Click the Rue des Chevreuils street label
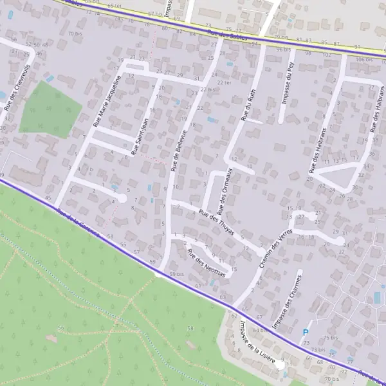17,87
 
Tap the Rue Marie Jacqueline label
107,100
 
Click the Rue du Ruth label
246,106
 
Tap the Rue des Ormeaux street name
225,190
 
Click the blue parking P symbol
306,333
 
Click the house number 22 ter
224,82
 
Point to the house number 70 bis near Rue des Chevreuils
75,32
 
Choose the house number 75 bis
330,337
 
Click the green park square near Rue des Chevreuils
49,108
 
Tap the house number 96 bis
283,50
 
